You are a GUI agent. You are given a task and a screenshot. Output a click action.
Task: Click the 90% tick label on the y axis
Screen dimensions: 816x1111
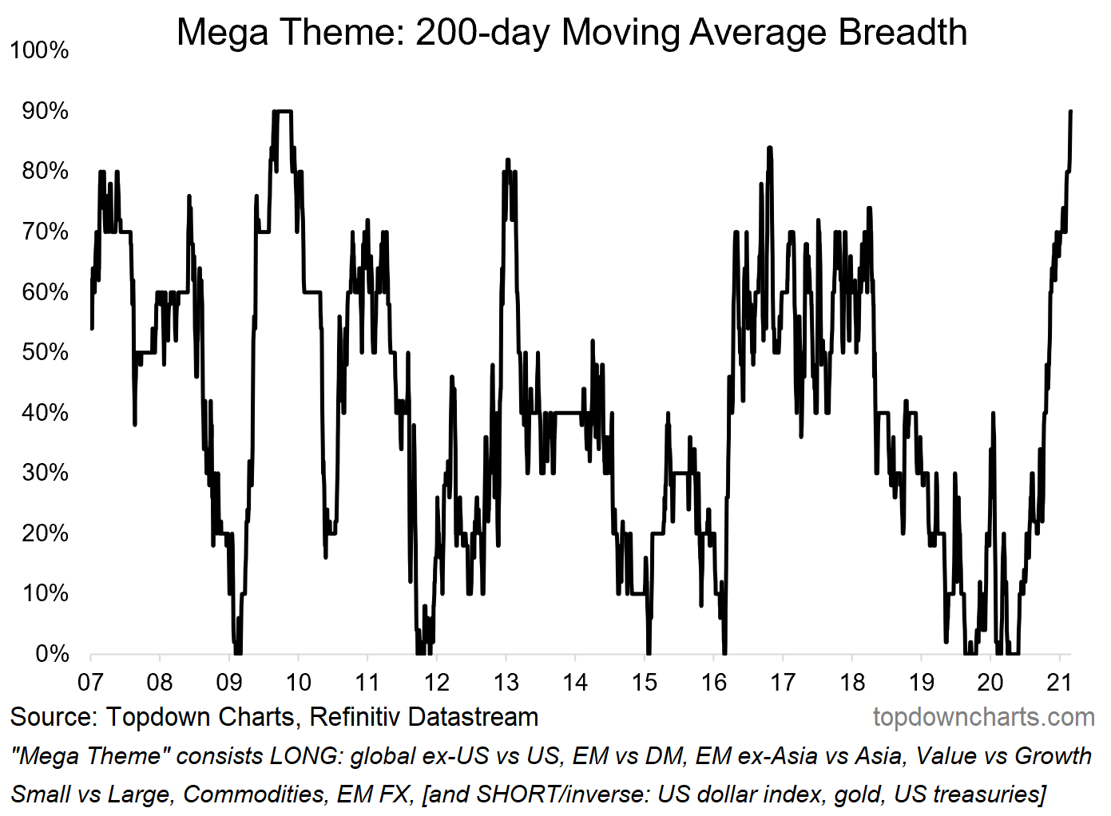click(46, 110)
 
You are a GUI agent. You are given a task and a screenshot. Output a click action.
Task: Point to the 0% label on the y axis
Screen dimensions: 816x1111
click(52, 654)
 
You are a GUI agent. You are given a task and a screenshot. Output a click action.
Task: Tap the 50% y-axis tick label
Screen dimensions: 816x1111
click(46, 352)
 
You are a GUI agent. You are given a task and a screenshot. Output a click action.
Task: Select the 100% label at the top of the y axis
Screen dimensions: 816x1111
click(40, 50)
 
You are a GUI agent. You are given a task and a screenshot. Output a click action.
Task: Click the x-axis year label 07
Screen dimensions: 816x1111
click(90, 682)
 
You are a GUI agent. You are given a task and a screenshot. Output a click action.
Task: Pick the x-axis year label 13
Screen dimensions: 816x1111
click(506, 682)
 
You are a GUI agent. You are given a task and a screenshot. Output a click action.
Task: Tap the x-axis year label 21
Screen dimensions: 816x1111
click(1059, 682)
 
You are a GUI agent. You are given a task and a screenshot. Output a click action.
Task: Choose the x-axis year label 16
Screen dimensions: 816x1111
click(713, 682)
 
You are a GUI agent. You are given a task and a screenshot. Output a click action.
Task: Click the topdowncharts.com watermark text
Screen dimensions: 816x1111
click(983, 717)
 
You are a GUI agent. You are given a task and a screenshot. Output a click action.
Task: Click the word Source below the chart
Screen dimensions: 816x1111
click(53, 717)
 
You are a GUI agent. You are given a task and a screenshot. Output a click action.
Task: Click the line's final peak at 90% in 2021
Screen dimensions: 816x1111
click(1070, 112)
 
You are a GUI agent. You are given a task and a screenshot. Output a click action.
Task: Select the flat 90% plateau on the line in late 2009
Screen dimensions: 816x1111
click(284, 111)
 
